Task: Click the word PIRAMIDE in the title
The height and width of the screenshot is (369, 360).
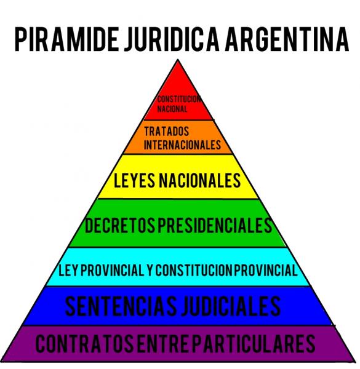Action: [x=67, y=39]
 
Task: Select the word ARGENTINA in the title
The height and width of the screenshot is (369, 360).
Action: [x=287, y=39]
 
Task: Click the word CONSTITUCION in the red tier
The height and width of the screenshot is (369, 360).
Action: [x=178, y=99]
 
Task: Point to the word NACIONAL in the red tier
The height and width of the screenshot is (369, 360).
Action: [x=172, y=109]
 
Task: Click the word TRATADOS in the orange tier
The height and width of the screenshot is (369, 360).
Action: [x=167, y=132]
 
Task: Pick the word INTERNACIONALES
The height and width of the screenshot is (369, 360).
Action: [x=182, y=145]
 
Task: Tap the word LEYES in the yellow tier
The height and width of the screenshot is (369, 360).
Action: [x=134, y=180]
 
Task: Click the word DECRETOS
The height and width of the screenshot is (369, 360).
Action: [x=120, y=225]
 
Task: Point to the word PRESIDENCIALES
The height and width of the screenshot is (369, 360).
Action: [x=215, y=225]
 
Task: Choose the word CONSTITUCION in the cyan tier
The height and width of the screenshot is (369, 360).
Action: [x=194, y=270]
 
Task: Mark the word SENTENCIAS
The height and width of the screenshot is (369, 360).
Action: [x=121, y=306]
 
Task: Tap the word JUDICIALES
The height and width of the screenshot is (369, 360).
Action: [x=231, y=306]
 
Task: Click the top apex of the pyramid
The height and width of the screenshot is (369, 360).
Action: [x=178, y=60]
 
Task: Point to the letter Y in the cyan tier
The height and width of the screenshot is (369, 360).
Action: [x=150, y=270]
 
